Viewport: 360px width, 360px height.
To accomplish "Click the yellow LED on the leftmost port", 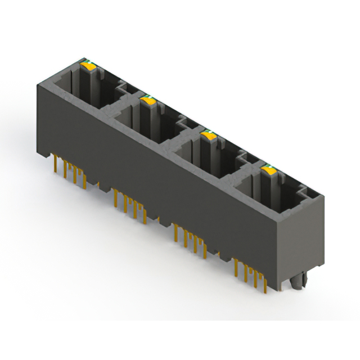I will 88,66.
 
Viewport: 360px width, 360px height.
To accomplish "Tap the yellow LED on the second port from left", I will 148,100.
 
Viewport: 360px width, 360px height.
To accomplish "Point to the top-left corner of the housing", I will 39,84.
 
